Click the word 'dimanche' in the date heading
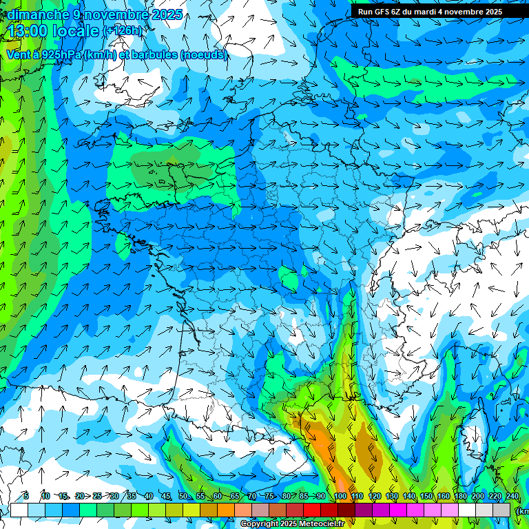(x=38, y=14)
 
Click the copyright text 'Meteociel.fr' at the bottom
(x=318, y=524)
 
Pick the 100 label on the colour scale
(x=340, y=497)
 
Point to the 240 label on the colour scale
(x=512, y=497)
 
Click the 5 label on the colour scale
(x=25, y=497)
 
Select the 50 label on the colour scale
(x=183, y=497)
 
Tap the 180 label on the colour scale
(x=460, y=497)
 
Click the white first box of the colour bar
(x=19, y=510)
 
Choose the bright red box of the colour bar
(x=312, y=510)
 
